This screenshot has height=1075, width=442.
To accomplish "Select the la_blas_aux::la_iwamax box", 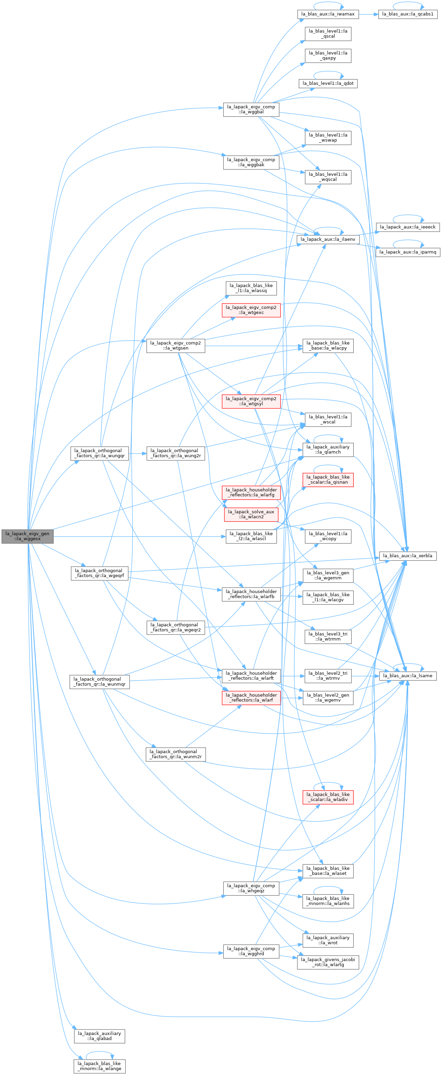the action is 328,14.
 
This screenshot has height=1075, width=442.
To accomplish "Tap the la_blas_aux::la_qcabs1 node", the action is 408,14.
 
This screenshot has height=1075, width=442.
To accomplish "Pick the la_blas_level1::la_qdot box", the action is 328,83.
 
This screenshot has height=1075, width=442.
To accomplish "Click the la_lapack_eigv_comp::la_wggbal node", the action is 251,109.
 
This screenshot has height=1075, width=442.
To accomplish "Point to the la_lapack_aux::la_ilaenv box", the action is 328,239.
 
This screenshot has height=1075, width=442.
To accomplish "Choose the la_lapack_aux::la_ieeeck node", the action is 408,227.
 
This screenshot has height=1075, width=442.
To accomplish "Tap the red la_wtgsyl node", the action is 251,401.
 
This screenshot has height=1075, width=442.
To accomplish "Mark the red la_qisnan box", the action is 328,480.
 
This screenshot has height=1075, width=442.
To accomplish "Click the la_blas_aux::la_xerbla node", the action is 408,556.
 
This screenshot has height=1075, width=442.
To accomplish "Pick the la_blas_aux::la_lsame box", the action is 408,676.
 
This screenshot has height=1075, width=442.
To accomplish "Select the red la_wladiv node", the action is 328,797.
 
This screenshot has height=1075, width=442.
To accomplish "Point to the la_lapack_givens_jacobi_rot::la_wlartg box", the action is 328,962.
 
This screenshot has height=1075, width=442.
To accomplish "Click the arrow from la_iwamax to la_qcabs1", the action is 368,14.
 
